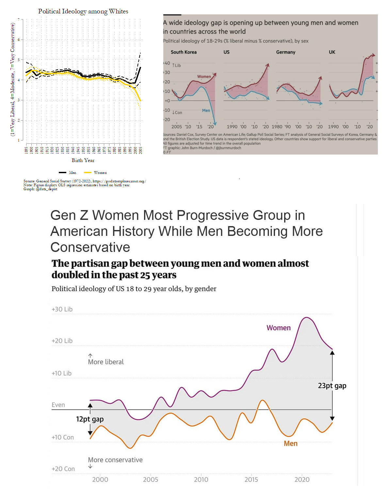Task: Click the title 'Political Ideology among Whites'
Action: (83, 11)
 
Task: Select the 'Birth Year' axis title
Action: (83, 160)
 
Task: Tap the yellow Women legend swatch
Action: (88, 173)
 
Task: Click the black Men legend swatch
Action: (62, 173)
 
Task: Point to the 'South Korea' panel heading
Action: (184, 52)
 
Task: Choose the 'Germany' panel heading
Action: (285, 52)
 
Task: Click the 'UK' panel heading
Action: (332, 52)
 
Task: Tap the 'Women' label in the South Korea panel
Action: (204, 76)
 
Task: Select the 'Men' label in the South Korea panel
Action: (206, 110)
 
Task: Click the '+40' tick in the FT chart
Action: (167, 63)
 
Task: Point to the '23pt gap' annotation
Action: (332, 386)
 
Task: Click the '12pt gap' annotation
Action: (90, 419)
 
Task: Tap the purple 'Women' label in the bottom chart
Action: (278, 328)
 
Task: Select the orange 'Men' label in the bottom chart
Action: (290, 444)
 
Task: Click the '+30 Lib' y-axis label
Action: (62, 309)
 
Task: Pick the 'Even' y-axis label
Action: (58, 405)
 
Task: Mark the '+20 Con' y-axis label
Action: (63, 469)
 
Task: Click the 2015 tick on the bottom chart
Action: (251, 480)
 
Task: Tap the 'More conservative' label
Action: (115, 460)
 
